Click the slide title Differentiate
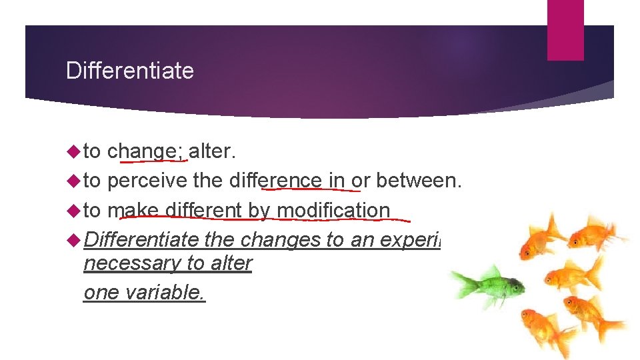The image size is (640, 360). tap(130, 71)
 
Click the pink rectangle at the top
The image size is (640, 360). tap(565, 30)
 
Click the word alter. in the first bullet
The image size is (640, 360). tap(213, 151)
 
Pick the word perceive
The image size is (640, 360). tap(147, 181)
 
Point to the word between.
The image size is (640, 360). tap(419, 181)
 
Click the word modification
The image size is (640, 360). tap(333, 210)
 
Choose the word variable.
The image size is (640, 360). tap(164, 293)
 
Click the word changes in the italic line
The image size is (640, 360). tap(280, 239)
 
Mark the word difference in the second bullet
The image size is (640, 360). tap(275, 181)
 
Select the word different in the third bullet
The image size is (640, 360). tap(203, 210)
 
